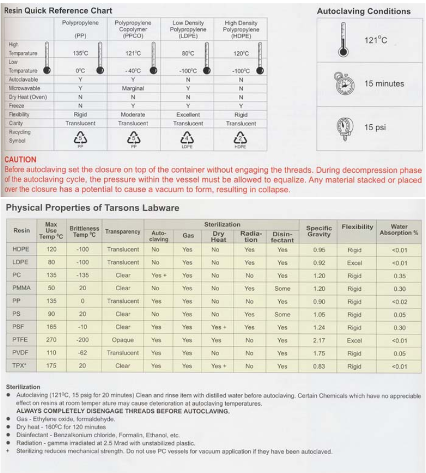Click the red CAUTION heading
tap(20, 160)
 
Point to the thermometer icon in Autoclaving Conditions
tap(343, 40)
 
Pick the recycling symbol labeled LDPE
tap(188, 140)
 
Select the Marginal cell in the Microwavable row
tap(133, 88)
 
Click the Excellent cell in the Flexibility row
tap(188, 115)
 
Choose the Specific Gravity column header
tap(319, 231)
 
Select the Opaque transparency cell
tap(123, 341)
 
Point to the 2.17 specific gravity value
tap(319, 341)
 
